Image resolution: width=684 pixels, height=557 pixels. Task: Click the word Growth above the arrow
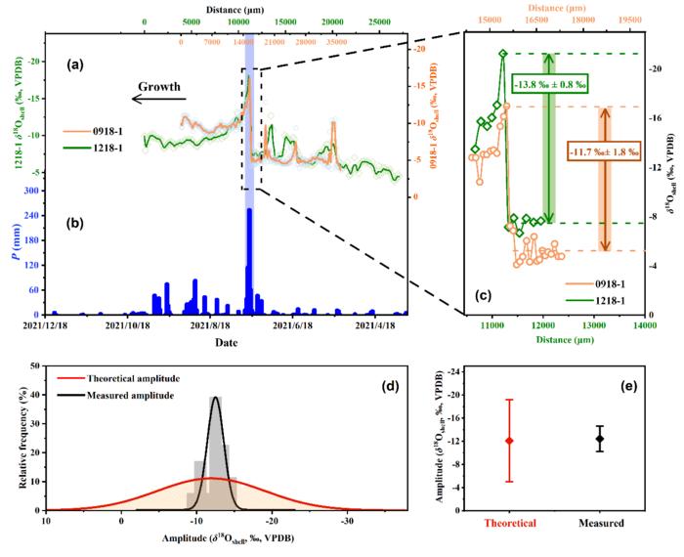click(x=158, y=87)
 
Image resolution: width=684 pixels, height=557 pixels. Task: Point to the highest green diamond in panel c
click(x=503, y=54)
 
